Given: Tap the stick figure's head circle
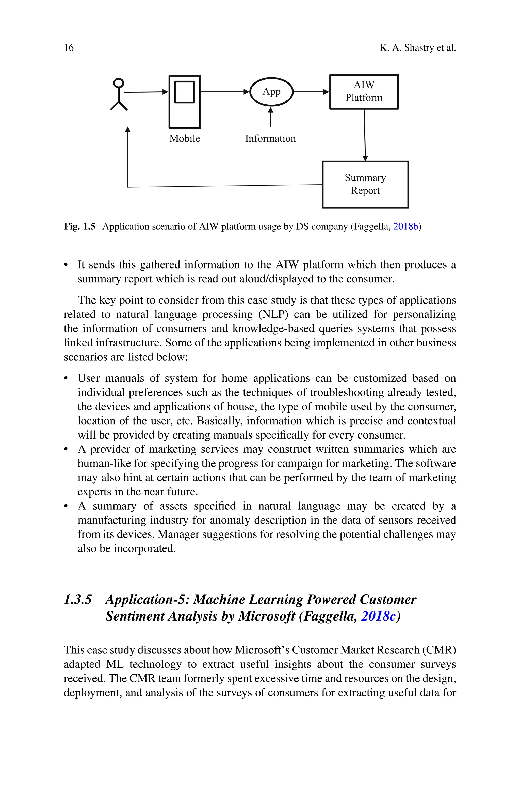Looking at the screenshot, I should pyautogui.click(x=118, y=83).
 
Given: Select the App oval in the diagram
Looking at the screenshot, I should pyautogui.click(x=271, y=92).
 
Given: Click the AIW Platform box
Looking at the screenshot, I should pyautogui.click(x=364, y=92).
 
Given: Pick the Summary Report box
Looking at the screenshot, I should pyautogui.click(x=365, y=184).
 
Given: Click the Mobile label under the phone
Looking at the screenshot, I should pyautogui.click(x=185, y=139).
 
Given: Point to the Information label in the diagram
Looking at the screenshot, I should pyautogui.click(x=270, y=139).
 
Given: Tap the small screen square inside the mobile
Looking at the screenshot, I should pyautogui.click(x=185, y=92).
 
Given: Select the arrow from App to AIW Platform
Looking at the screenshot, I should pyautogui.click(x=311, y=92).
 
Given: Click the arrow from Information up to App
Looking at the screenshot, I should pyautogui.click(x=271, y=118).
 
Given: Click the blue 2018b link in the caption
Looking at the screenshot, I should pyautogui.click(x=405, y=227).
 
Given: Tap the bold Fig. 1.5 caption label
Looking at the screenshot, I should pyautogui.click(x=79, y=227).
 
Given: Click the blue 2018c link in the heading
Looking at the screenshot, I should pyautogui.click(x=378, y=616).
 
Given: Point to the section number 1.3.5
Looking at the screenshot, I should pyautogui.click(x=78, y=599).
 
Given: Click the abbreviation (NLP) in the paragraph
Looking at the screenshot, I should pyautogui.click(x=273, y=314).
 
